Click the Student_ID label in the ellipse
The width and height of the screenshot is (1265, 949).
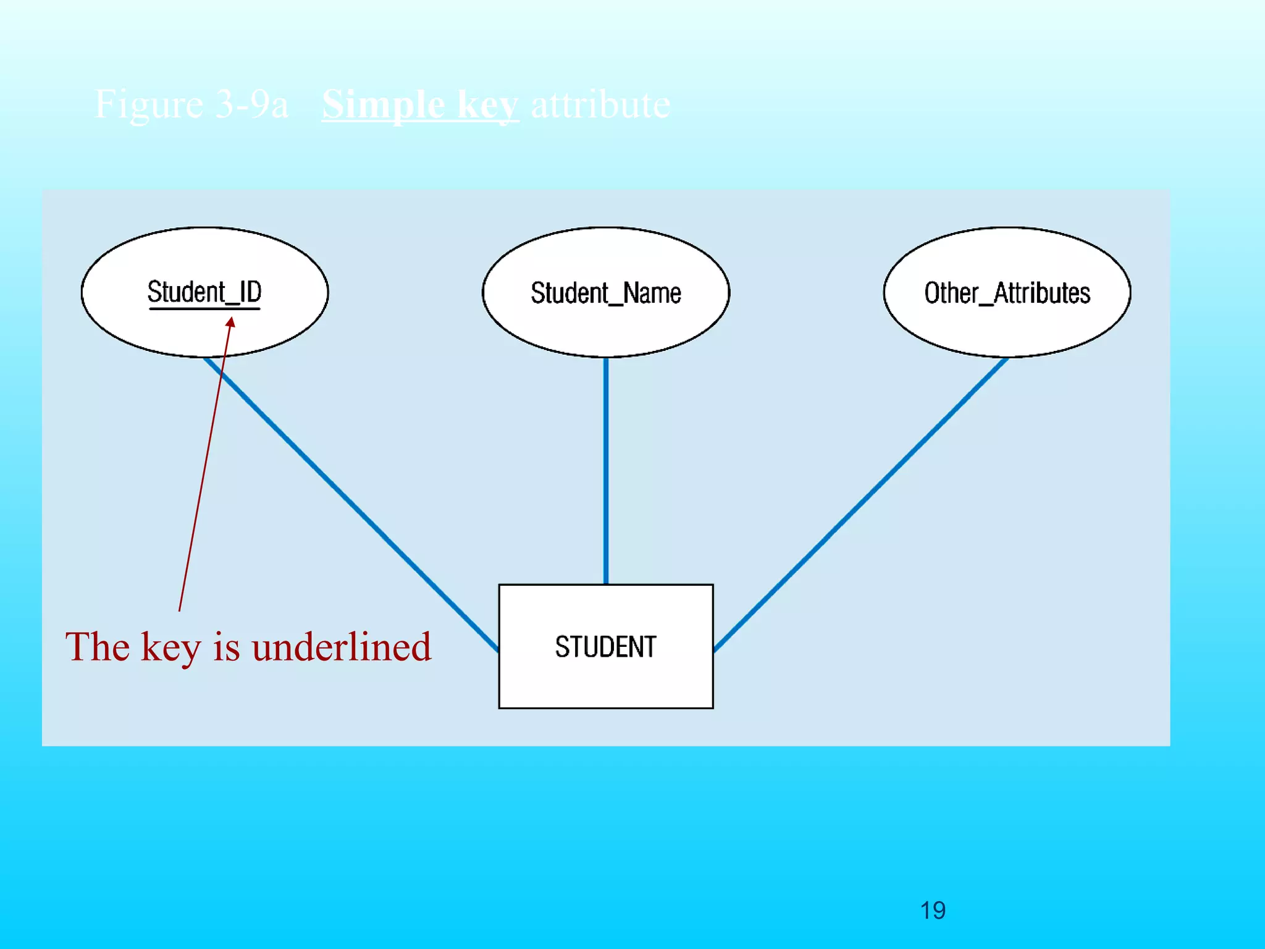(204, 292)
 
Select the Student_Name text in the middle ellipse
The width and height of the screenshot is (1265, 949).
(606, 293)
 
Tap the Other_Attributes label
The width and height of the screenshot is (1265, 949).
(1007, 293)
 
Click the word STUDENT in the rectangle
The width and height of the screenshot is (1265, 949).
(605, 647)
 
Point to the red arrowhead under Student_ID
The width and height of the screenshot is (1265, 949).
(230, 323)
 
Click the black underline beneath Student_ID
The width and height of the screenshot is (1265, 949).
(204, 308)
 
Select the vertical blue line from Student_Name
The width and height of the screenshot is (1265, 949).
(606, 470)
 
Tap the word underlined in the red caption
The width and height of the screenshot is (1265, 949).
(342, 647)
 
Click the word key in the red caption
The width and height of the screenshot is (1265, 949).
(170, 648)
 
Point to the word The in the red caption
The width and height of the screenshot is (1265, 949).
(98, 647)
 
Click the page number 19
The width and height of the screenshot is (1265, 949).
(933, 911)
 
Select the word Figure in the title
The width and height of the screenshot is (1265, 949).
(149, 104)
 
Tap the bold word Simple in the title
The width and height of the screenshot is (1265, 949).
(383, 104)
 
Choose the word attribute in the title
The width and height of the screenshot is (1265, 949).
(600, 104)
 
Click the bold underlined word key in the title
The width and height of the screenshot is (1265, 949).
(488, 106)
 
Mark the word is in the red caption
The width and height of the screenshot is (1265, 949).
(226, 647)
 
